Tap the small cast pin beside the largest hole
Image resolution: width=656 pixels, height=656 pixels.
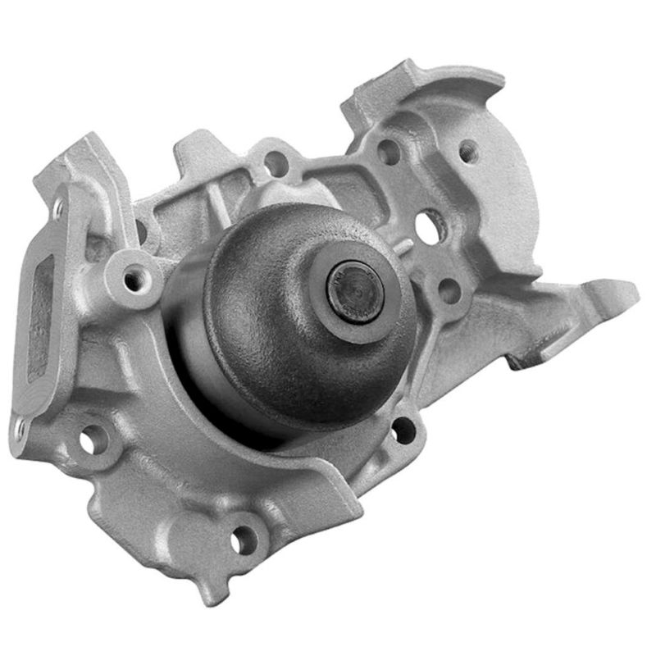(x=408, y=244)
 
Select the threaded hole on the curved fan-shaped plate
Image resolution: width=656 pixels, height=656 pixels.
(x=467, y=151)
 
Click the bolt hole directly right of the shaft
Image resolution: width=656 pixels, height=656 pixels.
(x=448, y=289)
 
